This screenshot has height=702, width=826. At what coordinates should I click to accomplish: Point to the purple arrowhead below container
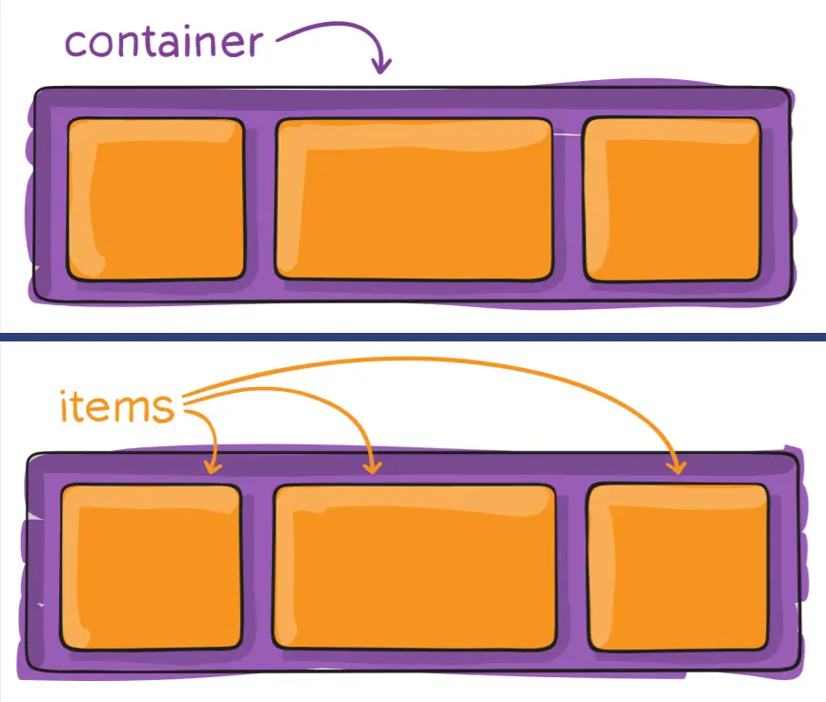[x=382, y=67]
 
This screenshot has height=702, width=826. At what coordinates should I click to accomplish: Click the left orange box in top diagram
[x=155, y=199]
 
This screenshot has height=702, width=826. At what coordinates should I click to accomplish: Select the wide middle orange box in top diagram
[x=415, y=199]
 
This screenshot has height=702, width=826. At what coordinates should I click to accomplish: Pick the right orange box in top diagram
[x=672, y=199]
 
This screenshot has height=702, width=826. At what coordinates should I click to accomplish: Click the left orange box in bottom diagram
[x=151, y=567]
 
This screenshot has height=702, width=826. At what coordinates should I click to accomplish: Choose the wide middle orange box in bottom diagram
[x=414, y=567]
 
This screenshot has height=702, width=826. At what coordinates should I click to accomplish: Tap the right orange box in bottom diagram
[x=677, y=567]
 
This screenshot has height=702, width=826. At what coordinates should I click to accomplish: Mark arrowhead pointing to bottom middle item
[x=373, y=466]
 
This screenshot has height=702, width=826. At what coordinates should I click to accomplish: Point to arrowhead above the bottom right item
[x=677, y=466]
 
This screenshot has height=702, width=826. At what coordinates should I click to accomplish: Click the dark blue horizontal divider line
[x=413, y=337]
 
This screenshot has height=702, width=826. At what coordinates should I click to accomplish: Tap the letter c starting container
[x=76, y=44]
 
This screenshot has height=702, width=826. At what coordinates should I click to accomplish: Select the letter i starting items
[x=66, y=405]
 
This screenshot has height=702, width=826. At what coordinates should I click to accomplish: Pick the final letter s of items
[x=165, y=409]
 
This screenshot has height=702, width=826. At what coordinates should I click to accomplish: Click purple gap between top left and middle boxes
[x=259, y=199]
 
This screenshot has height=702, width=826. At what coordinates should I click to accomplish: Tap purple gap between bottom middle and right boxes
[x=571, y=567]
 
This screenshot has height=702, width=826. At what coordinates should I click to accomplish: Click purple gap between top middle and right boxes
[x=568, y=199]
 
